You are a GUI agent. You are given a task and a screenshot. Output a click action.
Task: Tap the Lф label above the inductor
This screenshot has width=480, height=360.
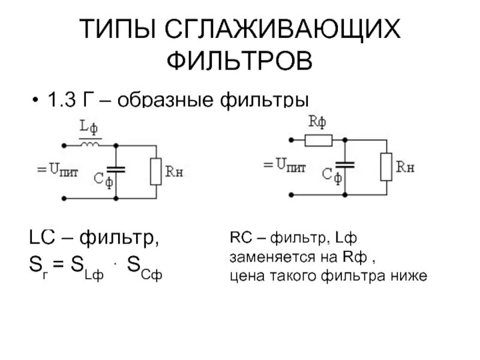pos(89,127)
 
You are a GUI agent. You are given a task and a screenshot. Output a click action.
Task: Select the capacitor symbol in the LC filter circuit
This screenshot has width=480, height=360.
pos(118,170)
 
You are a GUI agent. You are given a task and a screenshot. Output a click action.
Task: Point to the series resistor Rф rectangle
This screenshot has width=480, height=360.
pos(318,140)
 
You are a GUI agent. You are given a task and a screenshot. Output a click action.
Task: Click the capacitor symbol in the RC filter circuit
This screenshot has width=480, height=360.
pos(344,165)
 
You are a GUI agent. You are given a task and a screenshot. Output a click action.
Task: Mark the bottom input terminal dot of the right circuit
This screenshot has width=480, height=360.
pos(292,194)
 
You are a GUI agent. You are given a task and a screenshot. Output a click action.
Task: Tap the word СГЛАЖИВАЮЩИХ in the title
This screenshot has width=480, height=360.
pos(282,30)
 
